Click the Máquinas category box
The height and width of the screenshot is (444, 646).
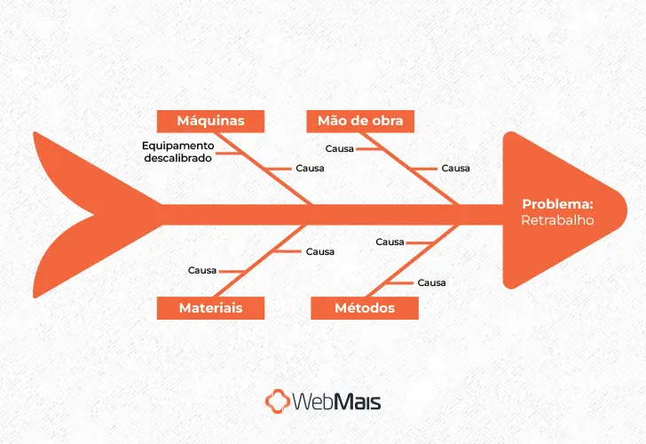[x=210, y=121]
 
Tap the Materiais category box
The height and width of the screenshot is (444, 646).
[x=210, y=308]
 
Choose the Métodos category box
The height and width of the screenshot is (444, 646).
[x=365, y=308]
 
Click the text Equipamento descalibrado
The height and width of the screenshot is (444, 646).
[x=178, y=151]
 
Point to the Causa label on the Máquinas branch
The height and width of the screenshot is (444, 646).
[x=310, y=168]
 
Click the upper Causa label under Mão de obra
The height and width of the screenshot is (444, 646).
[x=340, y=148]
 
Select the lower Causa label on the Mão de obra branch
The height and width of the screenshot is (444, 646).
[x=456, y=168]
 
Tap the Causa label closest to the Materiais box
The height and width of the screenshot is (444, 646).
[x=202, y=270]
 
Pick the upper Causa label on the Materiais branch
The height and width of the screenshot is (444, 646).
[x=320, y=251]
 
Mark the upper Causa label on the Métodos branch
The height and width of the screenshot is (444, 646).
[x=390, y=242]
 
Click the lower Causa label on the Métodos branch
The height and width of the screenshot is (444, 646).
[x=431, y=282]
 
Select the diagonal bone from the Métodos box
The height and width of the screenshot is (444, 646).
[x=408, y=258]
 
